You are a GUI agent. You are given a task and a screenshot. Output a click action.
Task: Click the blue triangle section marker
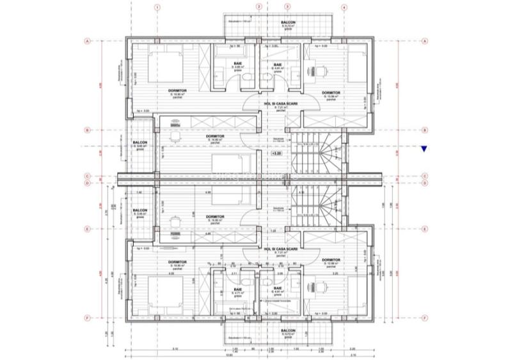(x=424, y=149)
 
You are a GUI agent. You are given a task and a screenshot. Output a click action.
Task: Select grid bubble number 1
(x=156, y=8)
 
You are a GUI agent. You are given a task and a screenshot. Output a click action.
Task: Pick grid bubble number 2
(x=259, y=8)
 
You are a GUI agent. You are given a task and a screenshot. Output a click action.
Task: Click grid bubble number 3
(x=287, y=8)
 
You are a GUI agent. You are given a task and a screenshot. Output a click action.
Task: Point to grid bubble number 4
(x=344, y=8)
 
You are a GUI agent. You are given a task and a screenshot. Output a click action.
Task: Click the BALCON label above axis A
(x=287, y=22)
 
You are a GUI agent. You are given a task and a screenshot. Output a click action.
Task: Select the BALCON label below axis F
(x=287, y=331)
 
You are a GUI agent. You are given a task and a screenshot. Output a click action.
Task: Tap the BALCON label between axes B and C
(x=140, y=143)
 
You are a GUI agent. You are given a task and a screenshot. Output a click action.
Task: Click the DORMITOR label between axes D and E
(x=215, y=217)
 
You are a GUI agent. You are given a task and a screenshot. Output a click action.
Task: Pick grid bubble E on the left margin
(x=86, y=228)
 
